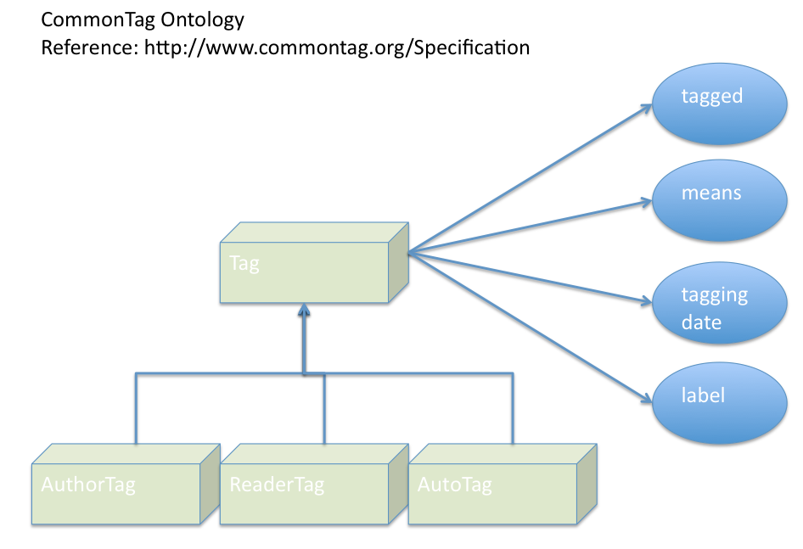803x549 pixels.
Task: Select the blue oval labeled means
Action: (x=718, y=200)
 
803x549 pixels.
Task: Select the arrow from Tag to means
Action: (x=526, y=227)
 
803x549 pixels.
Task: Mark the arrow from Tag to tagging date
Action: (x=526, y=276)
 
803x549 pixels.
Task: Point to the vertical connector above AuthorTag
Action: (x=135, y=407)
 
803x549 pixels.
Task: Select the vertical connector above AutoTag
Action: (x=512, y=407)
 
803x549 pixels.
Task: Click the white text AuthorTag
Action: (x=88, y=486)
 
